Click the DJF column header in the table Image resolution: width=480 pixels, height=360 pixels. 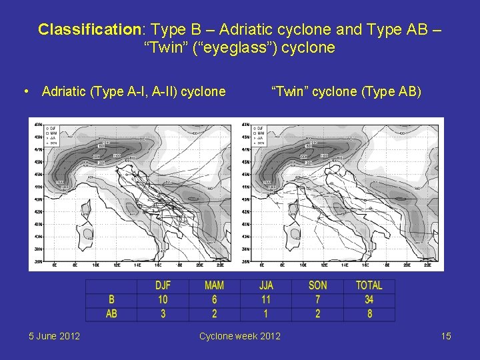point(163,286)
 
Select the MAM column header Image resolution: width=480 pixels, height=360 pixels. point(214,286)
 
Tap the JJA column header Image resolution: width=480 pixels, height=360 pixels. point(266,286)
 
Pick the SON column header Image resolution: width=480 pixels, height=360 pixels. point(318,286)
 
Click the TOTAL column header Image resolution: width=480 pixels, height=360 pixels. point(369,286)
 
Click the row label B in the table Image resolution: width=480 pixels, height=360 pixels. point(111,300)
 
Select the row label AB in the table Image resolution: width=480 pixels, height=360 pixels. point(111,313)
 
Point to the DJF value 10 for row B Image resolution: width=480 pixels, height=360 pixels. point(163,300)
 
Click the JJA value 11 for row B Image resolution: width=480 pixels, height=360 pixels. point(266,300)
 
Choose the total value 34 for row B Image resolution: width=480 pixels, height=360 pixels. point(369,300)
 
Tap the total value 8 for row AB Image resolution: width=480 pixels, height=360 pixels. point(369,313)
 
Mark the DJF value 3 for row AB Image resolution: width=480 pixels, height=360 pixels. point(163,313)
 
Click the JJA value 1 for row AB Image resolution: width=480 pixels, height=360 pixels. point(267,313)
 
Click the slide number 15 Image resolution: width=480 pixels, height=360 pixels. point(446,336)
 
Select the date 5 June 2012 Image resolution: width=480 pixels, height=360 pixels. point(55,336)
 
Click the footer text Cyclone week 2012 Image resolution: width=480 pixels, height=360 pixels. point(240,336)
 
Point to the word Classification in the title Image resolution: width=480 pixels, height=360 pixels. point(87,30)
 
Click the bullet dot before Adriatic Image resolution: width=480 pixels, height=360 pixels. point(25,91)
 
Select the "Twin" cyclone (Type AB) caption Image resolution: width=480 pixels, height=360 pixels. point(345,91)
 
